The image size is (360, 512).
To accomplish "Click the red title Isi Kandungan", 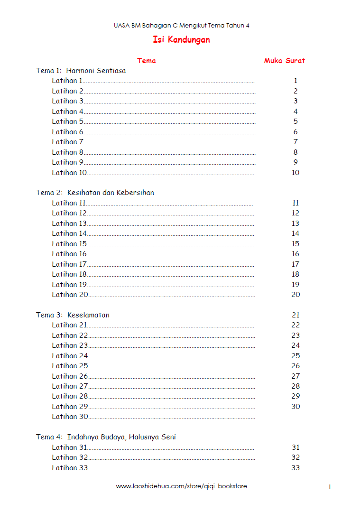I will pos(181,40).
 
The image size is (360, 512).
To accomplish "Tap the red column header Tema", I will pos(146,61).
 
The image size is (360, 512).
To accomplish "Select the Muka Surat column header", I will pos(284,61).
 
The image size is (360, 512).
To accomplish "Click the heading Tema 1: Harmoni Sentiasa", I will pos(81,71).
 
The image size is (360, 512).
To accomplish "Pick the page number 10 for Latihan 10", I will pos(295,173).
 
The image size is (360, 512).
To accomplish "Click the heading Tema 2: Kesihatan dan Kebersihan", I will pos(95,193).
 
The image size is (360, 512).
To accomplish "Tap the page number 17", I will pos(295,264).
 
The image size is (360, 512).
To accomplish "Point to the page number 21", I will pos(296,315).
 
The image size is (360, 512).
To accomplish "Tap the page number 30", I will pos(295,407).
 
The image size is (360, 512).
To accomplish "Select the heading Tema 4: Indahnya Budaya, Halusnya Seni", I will pos(106,437).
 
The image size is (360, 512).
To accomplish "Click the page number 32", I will pos(295,457).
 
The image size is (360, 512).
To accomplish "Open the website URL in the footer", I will pos(181,486).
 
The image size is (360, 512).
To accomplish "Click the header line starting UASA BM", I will pos(181,26).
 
